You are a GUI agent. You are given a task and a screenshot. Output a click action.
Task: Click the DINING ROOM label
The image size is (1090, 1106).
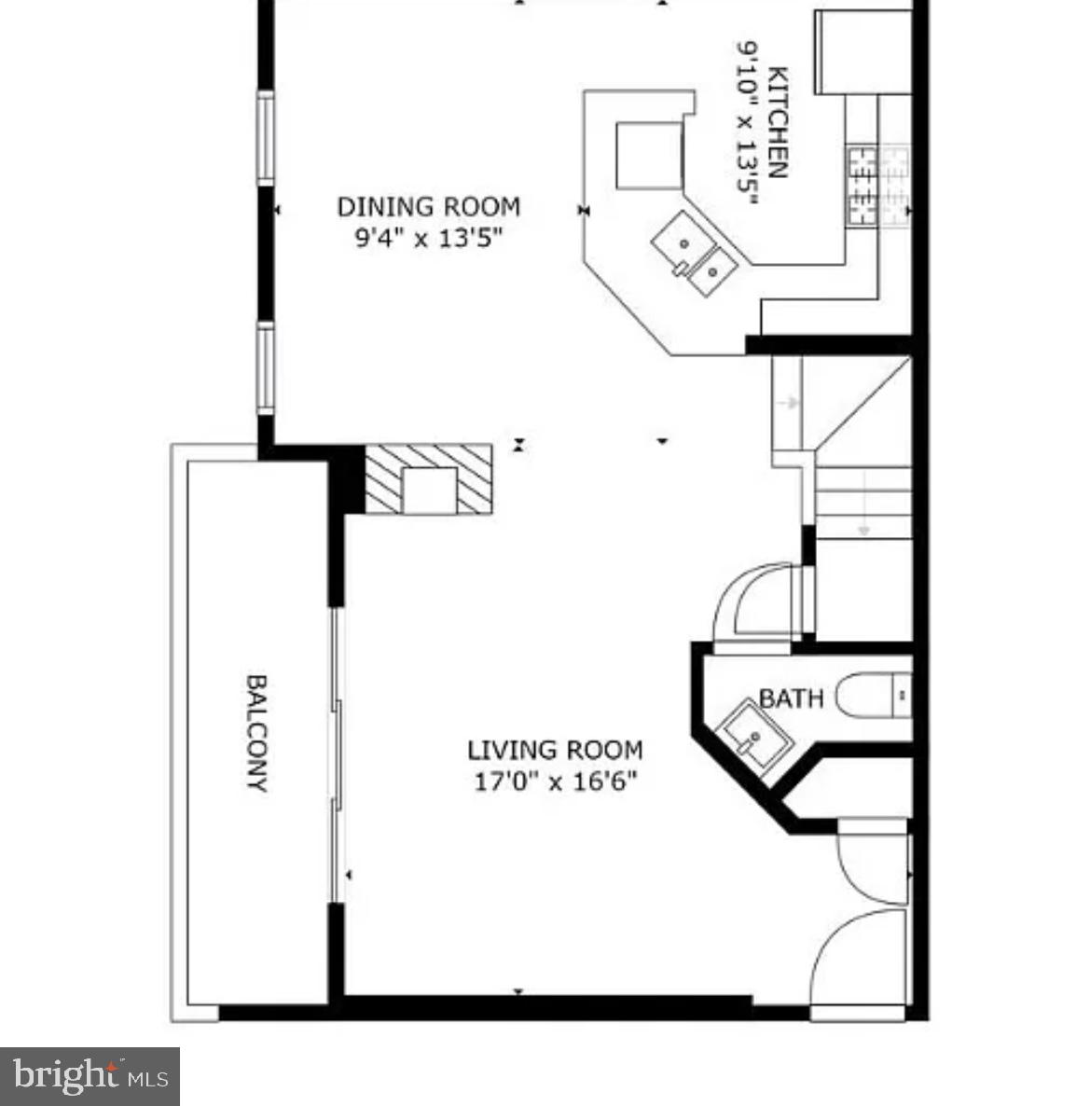[428, 206]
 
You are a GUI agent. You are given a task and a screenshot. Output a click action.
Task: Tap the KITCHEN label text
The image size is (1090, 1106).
[778, 122]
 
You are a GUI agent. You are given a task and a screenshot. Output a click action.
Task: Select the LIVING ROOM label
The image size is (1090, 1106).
[555, 750]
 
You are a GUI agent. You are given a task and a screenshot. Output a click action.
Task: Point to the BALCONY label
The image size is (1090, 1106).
[256, 733]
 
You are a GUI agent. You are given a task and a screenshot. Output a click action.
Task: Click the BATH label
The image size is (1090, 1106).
[791, 698]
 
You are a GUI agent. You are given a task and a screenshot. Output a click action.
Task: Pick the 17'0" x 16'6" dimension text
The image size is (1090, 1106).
[555, 781]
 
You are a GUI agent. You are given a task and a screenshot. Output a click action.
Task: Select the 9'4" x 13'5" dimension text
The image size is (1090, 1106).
[428, 238]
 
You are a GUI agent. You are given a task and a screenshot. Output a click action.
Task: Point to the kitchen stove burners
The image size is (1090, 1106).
[877, 187]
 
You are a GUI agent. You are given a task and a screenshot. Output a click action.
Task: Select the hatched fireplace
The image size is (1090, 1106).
[428, 479]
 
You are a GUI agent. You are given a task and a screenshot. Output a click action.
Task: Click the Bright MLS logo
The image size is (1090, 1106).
[90, 1076]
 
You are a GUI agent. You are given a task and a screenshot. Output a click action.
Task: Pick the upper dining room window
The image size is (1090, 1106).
[267, 137]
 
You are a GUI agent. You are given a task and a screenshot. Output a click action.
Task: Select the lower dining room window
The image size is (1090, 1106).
[267, 367]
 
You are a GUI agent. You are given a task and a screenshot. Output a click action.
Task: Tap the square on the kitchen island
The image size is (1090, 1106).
[649, 154]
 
